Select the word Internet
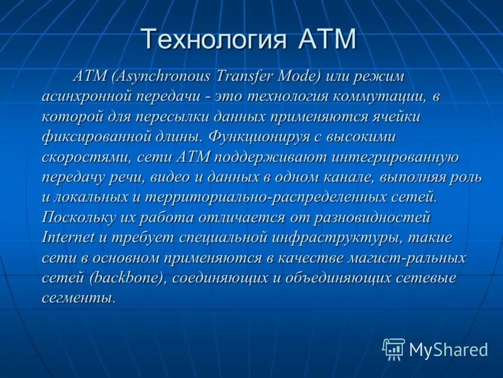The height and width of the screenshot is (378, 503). [68, 238]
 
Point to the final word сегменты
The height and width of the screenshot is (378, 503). [79, 299]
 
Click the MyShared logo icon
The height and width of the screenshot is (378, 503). [394, 348]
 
